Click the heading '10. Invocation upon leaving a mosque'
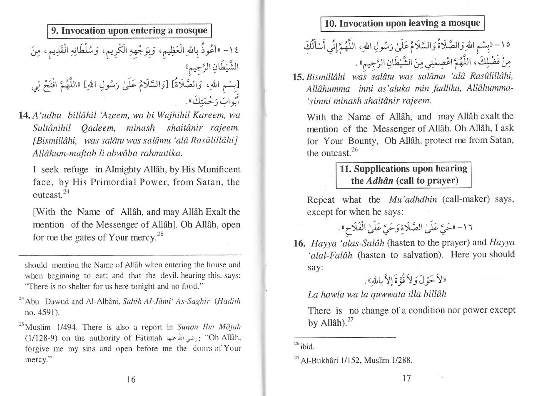[x=402, y=23]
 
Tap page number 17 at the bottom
[x=407, y=378]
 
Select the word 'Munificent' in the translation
[x=217, y=169]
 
